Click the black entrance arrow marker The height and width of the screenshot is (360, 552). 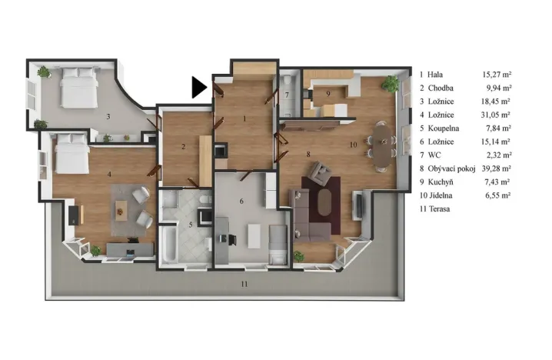(x=199, y=87)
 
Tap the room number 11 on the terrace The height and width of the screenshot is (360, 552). (x=243, y=285)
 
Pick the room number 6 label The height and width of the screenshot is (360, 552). (x=241, y=202)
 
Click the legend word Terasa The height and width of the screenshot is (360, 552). (x=441, y=208)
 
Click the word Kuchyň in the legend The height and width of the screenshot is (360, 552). (x=443, y=182)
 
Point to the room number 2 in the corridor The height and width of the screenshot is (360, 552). (x=183, y=146)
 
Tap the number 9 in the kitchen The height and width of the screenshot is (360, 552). (x=328, y=93)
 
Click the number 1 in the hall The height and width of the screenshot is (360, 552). (x=244, y=118)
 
